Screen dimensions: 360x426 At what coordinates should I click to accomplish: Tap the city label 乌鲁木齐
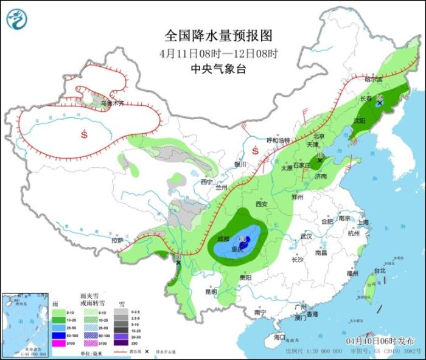[112, 103]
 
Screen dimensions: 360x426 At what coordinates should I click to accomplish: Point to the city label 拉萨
[117, 240]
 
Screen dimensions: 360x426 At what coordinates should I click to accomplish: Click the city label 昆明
[211, 292]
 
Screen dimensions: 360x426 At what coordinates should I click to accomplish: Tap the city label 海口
[279, 336]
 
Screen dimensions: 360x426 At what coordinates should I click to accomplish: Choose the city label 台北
[380, 270]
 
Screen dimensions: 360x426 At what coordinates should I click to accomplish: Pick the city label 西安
[262, 204]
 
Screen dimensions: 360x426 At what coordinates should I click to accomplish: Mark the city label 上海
[363, 223]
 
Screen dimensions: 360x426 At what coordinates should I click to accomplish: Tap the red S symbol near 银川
[256, 150]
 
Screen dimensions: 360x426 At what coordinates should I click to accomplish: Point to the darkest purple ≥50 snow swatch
[120, 343]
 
